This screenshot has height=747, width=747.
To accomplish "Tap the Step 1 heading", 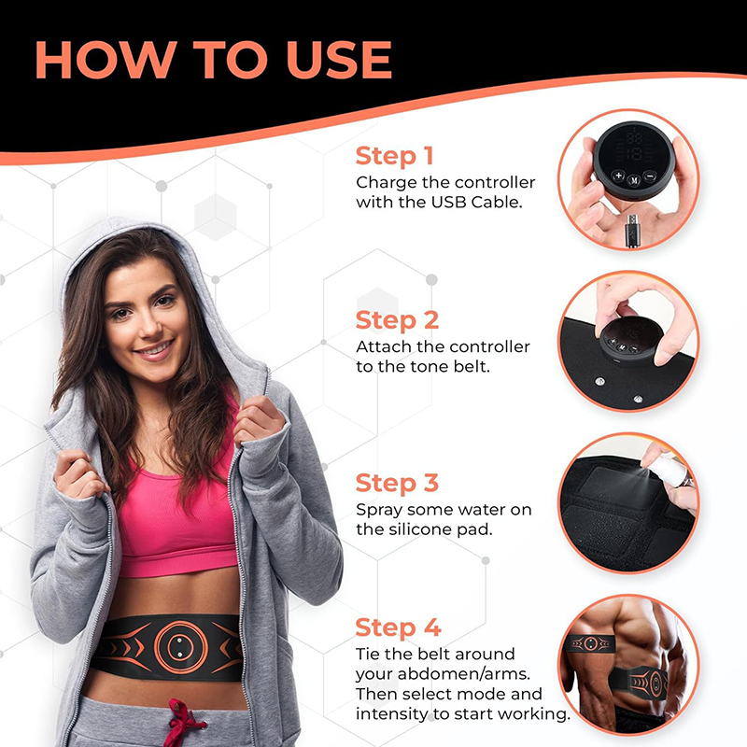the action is click(394, 156).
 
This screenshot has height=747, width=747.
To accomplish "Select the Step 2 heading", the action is click(397, 319).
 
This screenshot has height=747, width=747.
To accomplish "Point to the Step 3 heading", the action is click(397, 483).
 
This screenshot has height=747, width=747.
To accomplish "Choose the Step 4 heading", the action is click(398, 627).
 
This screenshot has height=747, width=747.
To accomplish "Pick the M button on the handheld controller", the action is click(634, 180).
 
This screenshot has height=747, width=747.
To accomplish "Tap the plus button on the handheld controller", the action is click(618, 176).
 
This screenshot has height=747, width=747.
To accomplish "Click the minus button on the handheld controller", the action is click(650, 176).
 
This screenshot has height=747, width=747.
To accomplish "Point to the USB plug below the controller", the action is click(632, 231).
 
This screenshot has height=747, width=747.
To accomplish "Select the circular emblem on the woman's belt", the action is click(180, 647).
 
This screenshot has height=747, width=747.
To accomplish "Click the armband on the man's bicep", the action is click(590, 644).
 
